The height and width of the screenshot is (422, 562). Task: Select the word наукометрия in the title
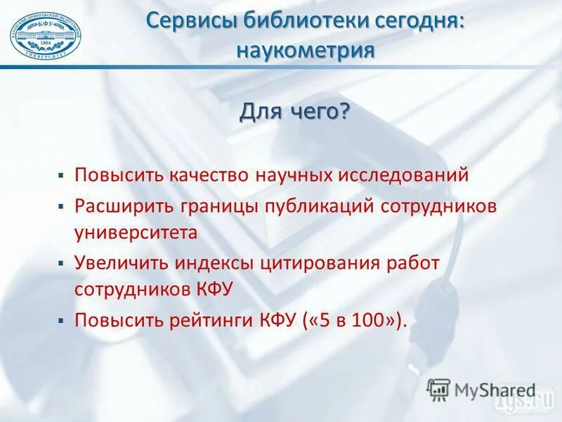point(305,51)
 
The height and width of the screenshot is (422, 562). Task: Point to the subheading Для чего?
point(295,112)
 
